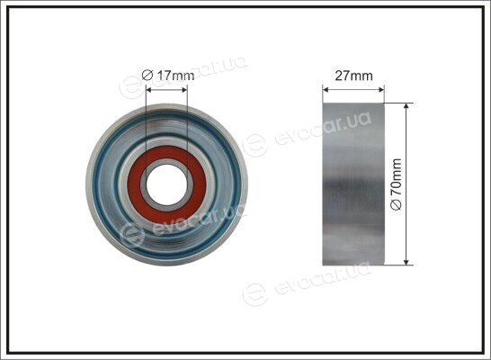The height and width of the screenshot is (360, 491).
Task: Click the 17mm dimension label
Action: (x=175, y=76)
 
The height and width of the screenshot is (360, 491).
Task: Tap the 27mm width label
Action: (x=353, y=76)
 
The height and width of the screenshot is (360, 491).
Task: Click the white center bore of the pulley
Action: (x=166, y=184)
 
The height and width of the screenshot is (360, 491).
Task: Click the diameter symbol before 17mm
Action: (x=147, y=76)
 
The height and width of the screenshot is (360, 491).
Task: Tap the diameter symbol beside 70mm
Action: (x=397, y=205)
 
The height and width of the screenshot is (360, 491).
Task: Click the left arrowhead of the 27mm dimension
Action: (x=326, y=90)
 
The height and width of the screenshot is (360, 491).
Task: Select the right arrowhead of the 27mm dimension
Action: (x=381, y=90)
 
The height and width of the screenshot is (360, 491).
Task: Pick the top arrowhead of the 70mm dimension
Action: (x=406, y=105)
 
